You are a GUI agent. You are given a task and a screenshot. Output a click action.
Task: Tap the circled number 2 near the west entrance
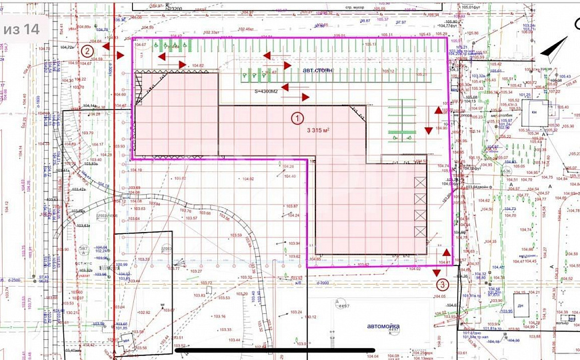[x=87, y=50]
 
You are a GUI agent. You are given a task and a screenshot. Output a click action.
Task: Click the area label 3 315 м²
[x=318, y=131]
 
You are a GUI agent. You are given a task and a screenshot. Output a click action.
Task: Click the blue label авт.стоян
[x=317, y=70]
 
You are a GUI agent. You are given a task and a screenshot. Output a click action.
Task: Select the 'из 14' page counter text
[x=21, y=29]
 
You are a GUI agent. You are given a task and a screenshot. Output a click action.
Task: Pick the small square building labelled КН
[x=534, y=113]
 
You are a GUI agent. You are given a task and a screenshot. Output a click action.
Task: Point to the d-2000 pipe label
[x=323, y=283]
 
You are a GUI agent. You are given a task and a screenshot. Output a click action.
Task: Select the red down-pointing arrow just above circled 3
[x=435, y=272]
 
